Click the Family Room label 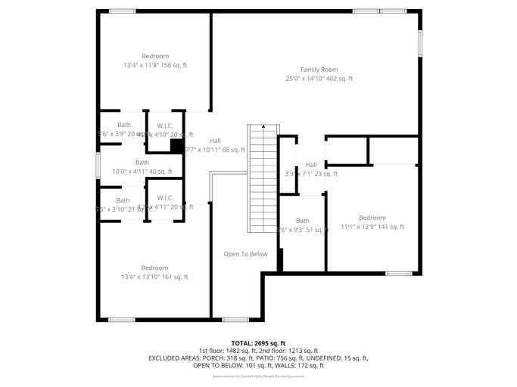tap(319, 70)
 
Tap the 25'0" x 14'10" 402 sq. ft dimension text tap(319, 79)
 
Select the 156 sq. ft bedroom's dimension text tap(155, 65)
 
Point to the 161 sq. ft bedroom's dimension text tap(155, 277)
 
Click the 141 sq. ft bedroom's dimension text tap(372, 227)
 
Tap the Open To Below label tap(245, 254)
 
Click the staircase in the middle tap(263, 178)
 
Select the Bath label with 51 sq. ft tap(303, 221)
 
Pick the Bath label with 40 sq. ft tap(142, 163)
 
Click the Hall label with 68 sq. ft tap(216, 141)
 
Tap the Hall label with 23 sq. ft tap(311, 165)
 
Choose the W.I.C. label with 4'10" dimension tap(165, 125)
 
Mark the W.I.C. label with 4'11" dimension tap(165, 198)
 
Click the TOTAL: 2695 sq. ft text tap(258, 343)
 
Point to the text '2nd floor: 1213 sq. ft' tap(285, 351)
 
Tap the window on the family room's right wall tap(420, 43)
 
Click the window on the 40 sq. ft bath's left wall tap(98, 166)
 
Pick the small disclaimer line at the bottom tap(258, 376)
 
